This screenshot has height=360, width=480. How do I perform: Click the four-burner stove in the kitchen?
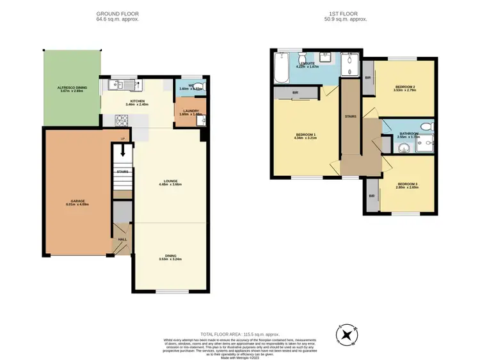121,120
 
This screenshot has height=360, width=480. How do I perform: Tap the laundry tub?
200,119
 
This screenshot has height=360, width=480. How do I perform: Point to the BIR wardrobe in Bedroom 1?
295,93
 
